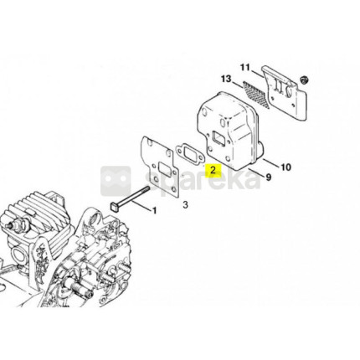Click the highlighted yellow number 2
(213, 170)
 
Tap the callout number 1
(154, 210)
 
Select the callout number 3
(185, 205)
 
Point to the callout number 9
(268, 177)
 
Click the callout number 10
(285, 167)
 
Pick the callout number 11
(245, 68)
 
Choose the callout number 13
(226, 79)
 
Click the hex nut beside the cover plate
(303, 80)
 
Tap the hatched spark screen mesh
(256, 95)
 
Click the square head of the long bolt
(114, 207)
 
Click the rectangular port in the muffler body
(220, 138)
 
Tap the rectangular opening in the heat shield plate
(164, 169)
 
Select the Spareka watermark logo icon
(116, 181)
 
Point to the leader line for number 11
(256, 74)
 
